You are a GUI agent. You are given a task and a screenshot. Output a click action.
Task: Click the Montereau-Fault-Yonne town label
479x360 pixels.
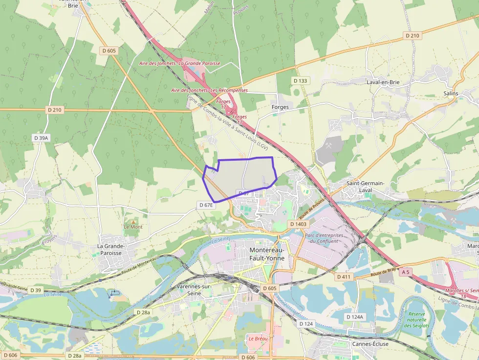(267, 254)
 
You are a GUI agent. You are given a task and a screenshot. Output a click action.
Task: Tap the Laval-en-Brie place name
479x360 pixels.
(383, 82)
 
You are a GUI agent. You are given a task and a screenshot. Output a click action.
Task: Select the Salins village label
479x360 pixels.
(451, 93)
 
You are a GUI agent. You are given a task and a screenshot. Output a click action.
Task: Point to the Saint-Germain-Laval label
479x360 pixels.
(366, 187)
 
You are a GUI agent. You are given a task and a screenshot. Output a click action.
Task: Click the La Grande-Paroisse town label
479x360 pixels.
(111, 250)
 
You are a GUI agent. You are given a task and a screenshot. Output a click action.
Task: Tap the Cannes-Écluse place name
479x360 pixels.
(370, 344)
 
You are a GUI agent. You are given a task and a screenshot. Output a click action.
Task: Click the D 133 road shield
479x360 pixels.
(301, 80)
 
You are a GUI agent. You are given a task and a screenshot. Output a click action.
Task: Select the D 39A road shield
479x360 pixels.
(41, 138)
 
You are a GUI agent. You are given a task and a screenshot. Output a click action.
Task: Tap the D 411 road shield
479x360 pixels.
(344, 276)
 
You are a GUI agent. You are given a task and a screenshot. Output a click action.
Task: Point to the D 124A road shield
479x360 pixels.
(355, 317)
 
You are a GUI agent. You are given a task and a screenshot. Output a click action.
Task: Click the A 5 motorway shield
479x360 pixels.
(405, 271)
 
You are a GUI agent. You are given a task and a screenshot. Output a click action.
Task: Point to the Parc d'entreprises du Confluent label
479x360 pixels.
(324, 238)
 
